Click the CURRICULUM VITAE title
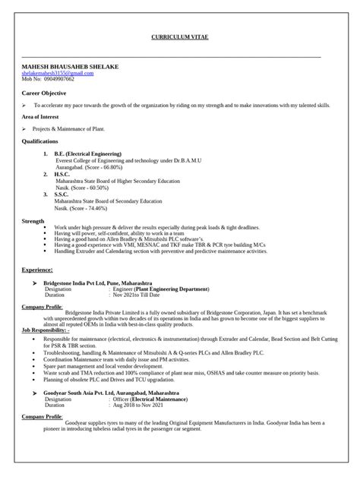(x=180, y=37)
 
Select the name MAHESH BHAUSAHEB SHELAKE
(x=70, y=67)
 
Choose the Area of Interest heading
(x=46, y=117)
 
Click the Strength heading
(x=33, y=221)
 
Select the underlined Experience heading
(x=37, y=269)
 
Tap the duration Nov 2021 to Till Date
(x=141, y=295)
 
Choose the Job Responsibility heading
(x=45, y=331)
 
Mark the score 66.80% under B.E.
(x=109, y=167)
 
